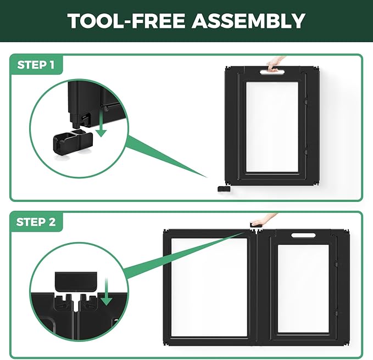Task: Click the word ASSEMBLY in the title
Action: tap(248, 21)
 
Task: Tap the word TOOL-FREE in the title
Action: tap(126, 21)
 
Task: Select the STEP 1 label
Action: tap(36, 65)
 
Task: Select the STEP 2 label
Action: tap(36, 222)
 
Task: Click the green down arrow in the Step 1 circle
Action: tap(102, 123)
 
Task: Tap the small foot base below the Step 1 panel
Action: tap(224, 189)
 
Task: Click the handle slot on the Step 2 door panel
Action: tap(304, 235)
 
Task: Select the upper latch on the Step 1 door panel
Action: tap(306, 102)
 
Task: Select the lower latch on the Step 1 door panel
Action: tap(306, 152)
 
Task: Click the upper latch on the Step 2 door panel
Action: tap(336, 264)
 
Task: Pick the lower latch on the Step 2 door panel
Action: tap(336, 313)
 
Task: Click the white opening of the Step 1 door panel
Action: tap(272, 127)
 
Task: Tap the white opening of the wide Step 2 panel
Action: tap(209, 288)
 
